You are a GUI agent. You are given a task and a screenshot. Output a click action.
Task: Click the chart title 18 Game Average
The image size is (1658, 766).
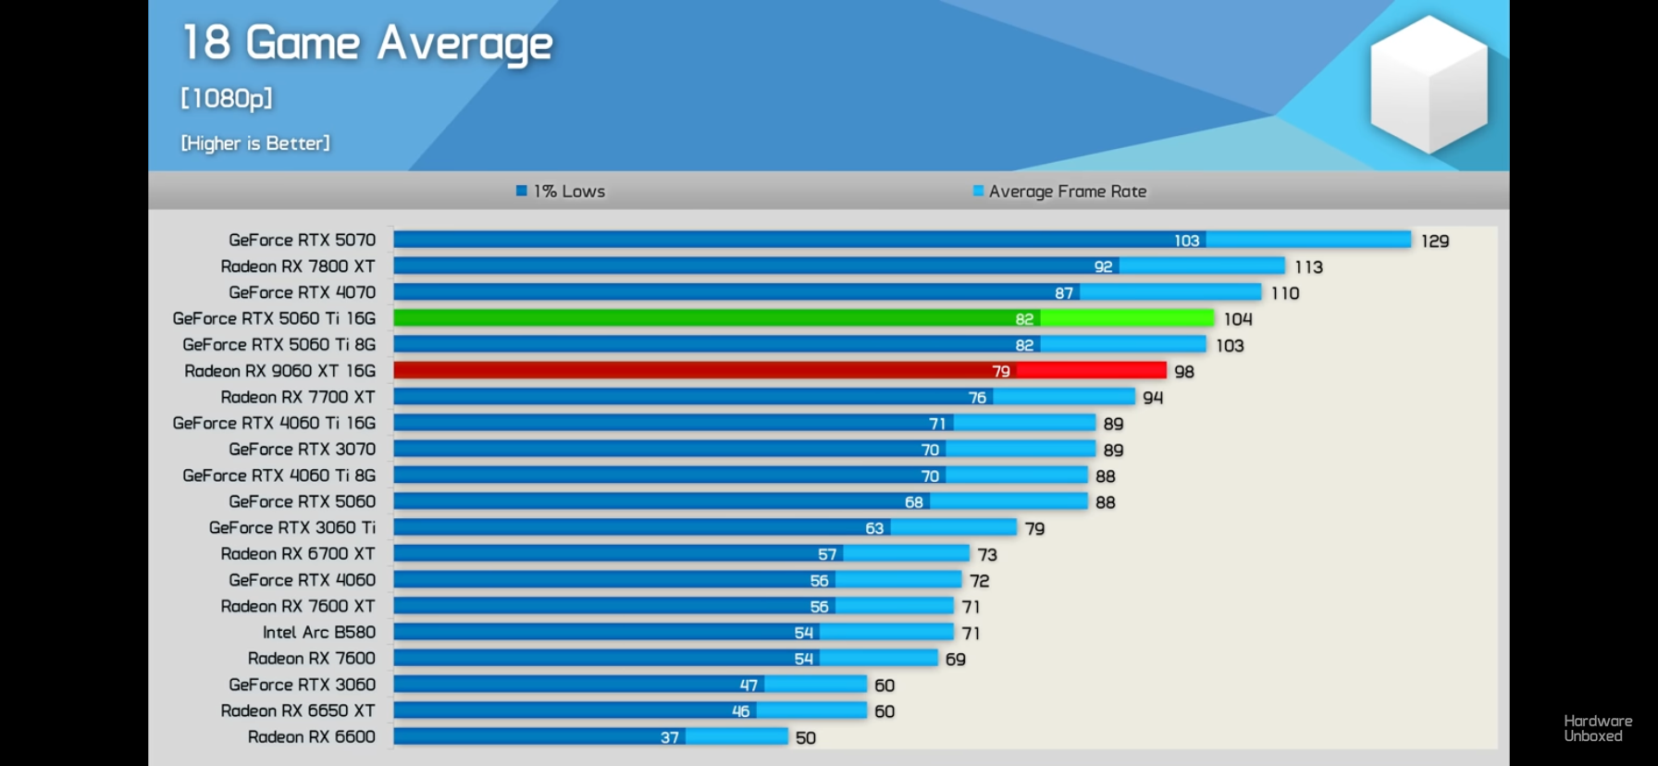(x=367, y=44)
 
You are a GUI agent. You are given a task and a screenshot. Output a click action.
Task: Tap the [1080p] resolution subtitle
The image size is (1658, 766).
(x=227, y=98)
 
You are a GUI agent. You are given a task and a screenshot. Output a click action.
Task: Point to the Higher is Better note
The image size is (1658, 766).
(x=255, y=143)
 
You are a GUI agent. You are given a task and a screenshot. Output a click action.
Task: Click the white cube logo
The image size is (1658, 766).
(x=1429, y=84)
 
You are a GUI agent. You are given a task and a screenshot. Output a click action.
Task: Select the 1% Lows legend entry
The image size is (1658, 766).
(x=561, y=191)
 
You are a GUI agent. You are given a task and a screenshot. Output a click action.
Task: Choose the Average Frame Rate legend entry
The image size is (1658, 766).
(x=1059, y=191)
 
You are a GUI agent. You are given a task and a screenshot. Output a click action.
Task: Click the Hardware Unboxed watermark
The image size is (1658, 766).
(x=1598, y=728)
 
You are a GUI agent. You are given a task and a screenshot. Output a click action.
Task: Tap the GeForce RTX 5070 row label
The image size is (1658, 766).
(x=303, y=241)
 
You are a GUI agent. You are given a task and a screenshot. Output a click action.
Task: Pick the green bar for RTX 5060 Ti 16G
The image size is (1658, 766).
(x=803, y=318)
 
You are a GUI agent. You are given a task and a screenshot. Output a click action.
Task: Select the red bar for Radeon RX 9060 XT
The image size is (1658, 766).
(x=780, y=371)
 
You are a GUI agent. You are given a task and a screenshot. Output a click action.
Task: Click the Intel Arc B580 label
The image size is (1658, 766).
(x=319, y=633)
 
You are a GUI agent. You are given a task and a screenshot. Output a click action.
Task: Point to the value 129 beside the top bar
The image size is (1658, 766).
(x=1435, y=241)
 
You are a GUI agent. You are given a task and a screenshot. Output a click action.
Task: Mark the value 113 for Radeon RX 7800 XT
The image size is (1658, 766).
(x=1309, y=267)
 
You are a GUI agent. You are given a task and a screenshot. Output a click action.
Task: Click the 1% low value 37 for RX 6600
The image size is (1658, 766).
(x=670, y=737)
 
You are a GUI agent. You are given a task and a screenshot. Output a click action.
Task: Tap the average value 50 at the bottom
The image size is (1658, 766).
(x=806, y=738)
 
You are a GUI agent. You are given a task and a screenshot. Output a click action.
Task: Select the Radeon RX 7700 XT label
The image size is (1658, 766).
(x=298, y=397)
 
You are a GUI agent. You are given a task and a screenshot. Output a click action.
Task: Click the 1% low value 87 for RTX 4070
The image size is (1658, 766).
(x=1064, y=293)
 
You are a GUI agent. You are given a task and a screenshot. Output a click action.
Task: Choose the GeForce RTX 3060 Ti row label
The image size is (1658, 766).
(x=292, y=527)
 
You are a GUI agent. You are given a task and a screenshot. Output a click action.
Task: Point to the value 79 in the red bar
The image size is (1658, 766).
(x=1001, y=371)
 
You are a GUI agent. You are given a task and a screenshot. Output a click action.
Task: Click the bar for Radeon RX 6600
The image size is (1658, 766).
(x=590, y=737)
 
